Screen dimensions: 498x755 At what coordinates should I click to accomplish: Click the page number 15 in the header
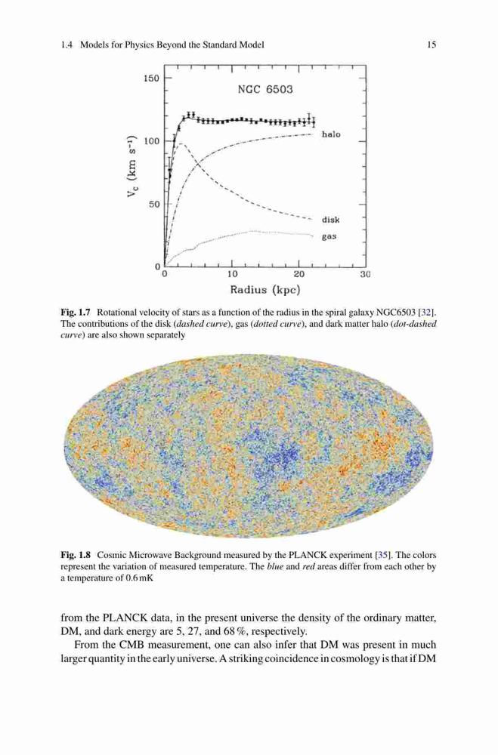pos(431,45)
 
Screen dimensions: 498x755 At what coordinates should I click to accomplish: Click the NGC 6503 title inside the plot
pos(265,90)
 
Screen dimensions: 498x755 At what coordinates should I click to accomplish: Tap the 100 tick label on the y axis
pos(151,141)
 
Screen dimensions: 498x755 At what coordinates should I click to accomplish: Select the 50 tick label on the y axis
pos(154,204)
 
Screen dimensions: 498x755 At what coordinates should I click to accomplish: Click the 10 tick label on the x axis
pos(232,275)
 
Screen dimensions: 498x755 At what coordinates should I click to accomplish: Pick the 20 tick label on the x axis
pos(299,275)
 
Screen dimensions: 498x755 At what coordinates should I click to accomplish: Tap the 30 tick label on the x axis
pos(365,275)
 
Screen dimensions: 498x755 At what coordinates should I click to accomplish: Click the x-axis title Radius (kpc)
pos(265,290)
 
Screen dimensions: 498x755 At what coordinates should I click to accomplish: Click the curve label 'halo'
pos(331,134)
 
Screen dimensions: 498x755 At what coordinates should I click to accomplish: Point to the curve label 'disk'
pos(331,220)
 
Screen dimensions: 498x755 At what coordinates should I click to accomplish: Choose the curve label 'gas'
pos(329,237)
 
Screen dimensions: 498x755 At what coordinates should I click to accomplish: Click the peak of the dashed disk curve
pos(180,143)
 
